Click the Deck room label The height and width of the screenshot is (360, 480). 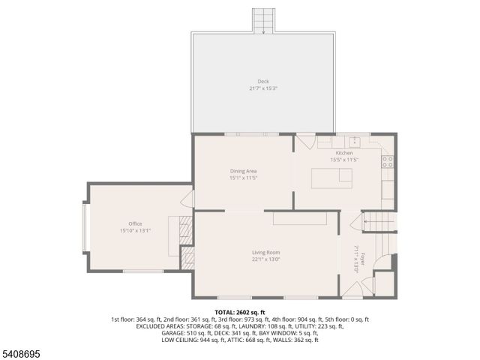point(263,81)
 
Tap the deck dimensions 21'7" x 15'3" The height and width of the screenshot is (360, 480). point(263,88)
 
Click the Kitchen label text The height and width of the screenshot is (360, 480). point(344,153)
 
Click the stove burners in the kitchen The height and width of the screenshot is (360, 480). point(388,160)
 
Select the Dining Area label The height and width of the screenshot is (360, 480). point(243,171)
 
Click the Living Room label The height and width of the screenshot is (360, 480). point(265,252)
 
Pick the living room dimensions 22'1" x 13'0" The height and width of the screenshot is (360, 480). point(265,259)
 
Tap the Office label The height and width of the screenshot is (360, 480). point(135,223)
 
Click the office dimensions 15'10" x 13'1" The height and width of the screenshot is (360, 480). point(135,231)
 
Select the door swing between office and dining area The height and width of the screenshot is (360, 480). point(188,199)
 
